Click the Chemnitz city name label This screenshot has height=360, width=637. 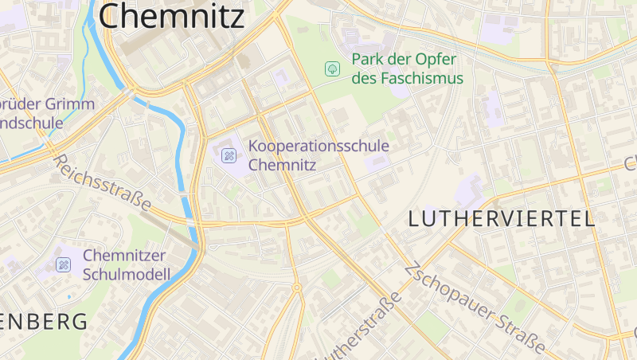point(171,16)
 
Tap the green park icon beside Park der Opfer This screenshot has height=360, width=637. point(331,69)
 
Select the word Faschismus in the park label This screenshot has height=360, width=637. point(419,79)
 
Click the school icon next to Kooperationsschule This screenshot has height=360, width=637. point(229,155)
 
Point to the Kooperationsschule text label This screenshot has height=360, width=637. point(318,147)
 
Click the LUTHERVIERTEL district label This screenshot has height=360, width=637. point(502,220)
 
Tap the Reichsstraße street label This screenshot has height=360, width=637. point(102,182)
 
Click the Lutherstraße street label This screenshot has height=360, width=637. point(358,328)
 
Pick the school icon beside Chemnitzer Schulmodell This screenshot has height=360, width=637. point(63,264)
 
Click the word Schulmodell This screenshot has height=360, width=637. point(127,275)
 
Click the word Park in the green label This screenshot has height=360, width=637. point(369,61)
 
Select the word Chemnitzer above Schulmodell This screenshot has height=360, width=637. point(124,256)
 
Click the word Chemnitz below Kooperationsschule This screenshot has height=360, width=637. point(283,166)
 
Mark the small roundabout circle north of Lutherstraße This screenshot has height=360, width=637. point(296,288)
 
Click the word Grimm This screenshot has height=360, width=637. point(72,104)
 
